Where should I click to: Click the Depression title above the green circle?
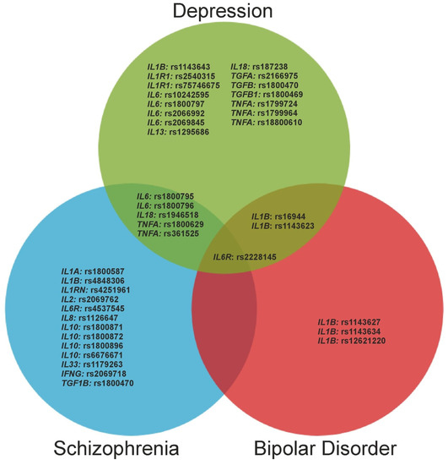point(224,12)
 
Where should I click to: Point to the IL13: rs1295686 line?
point(178,131)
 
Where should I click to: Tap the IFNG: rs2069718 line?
point(94,373)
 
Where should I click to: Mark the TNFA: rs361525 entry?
point(169,233)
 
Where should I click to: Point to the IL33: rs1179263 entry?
point(94,364)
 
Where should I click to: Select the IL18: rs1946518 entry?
point(170,215)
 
